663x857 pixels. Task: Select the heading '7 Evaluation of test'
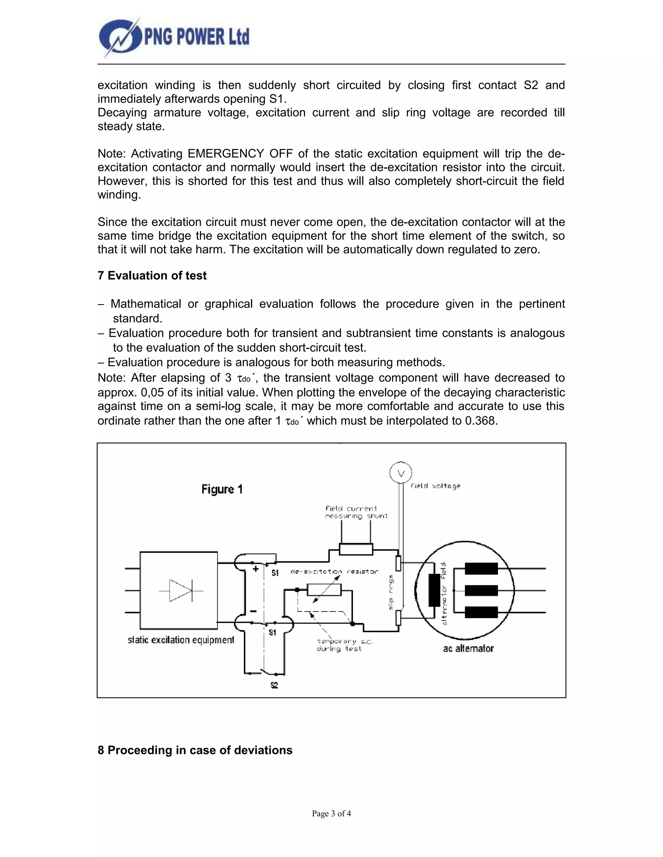point(152,276)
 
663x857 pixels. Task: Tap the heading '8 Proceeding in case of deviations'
point(195,750)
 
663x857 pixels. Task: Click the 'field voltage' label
point(435,486)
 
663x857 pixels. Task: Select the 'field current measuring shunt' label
point(356,512)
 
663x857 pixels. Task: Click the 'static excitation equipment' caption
point(181,640)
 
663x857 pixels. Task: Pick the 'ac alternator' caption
point(468,649)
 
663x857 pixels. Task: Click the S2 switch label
point(274,686)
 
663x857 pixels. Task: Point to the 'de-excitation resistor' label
point(334,571)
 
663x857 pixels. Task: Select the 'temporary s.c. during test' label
point(344,645)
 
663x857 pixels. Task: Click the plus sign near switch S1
point(255,569)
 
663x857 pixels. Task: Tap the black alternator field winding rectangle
point(434,590)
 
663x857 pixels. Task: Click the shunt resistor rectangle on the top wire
point(356,549)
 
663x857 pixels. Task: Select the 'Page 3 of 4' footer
point(331,813)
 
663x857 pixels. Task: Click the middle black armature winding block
point(481,590)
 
